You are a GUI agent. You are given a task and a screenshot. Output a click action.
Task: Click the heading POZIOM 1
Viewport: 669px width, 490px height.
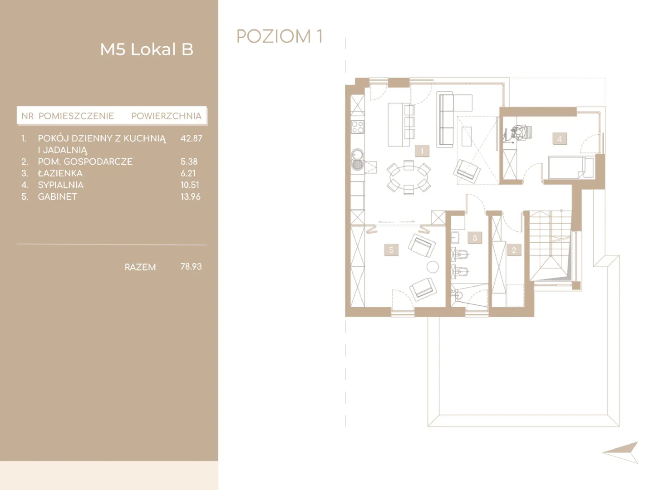[x=280, y=36]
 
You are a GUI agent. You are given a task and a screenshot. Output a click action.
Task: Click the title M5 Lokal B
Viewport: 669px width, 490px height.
[x=147, y=49]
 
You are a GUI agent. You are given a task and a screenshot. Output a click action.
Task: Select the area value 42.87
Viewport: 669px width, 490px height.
[x=191, y=138]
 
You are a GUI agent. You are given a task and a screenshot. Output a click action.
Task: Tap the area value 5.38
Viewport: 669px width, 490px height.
[x=189, y=162]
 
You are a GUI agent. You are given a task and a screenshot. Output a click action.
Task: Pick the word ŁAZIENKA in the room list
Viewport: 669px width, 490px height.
[x=60, y=173]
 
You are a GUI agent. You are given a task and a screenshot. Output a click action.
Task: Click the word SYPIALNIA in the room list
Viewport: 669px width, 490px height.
[x=61, y=185]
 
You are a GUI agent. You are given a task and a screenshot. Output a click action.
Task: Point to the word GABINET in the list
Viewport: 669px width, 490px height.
[x=57, y=197]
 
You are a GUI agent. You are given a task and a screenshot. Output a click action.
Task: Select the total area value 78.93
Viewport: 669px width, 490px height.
[x=191, y=266]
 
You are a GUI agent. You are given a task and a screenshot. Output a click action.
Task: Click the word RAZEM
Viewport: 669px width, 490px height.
[x=140, y=267]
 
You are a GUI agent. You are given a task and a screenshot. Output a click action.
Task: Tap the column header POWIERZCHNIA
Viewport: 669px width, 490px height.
[x=167, y=116]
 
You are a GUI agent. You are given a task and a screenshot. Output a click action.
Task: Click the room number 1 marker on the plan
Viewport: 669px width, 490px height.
[x=422, y=151]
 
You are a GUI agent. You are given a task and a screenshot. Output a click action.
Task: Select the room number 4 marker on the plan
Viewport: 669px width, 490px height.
[x=560, y=139]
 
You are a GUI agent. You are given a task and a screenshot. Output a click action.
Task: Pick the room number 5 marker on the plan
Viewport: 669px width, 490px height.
[x=391, y=250]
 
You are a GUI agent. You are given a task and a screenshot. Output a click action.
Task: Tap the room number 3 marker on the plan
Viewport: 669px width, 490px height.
[x=475, y=238]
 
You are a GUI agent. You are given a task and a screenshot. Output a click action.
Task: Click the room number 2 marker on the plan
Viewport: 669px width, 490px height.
[x=514, y=250]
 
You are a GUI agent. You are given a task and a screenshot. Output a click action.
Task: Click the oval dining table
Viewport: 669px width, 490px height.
[x=408, y=177]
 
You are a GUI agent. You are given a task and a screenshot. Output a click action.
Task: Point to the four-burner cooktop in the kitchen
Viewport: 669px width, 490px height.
[x=358, y=127]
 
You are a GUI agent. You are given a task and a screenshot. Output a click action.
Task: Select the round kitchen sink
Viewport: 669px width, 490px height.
[x=357, y=154]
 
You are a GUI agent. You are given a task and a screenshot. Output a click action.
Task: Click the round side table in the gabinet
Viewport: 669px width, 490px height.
[x=433, y=267]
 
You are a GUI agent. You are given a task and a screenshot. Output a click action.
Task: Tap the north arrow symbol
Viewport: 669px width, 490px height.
[x=623, y=452]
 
